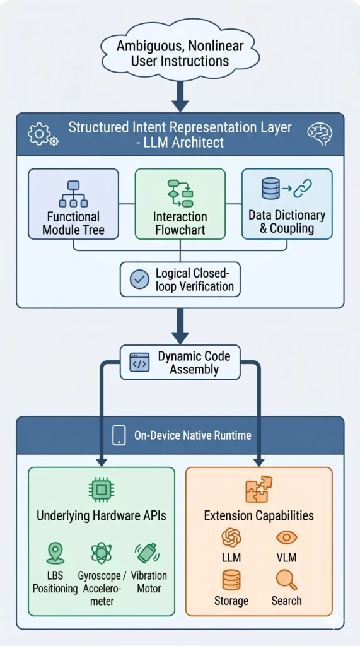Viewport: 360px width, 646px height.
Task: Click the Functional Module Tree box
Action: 73,204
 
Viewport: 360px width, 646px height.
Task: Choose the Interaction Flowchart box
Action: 180,204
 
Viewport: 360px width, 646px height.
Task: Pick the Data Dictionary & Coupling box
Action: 286,204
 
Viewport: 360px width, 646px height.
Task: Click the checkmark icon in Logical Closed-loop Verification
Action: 139,279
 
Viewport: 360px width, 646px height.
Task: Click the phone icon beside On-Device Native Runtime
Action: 119,435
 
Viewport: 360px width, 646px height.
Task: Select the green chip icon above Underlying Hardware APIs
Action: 102,490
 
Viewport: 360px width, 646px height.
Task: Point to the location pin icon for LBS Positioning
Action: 55,553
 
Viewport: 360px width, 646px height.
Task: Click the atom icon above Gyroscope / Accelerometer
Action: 102,553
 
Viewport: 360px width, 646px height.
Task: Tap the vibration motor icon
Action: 147,553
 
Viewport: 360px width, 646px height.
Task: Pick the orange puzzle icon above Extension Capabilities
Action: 258,489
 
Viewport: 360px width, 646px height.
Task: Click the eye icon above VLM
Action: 286,537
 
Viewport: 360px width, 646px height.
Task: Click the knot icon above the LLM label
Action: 231,537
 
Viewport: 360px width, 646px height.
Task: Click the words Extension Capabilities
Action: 258,515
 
